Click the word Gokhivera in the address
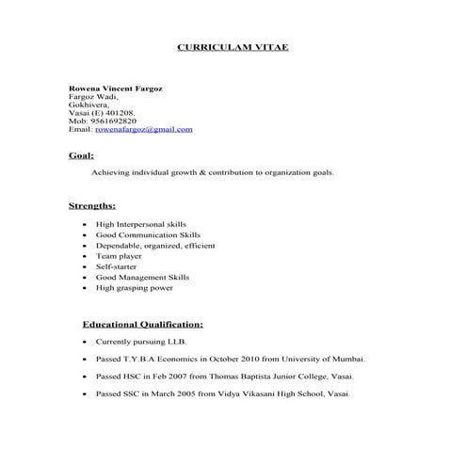tap(88, 104)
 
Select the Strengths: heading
tap(92, 204)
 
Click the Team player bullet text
tap(119, 256)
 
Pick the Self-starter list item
tap(118, 266)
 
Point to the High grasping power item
tap(135, 288)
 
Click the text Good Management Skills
tap(142, 278)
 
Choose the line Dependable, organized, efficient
tap(155, 245)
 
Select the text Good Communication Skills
tap(148, 234)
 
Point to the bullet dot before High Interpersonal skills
tap(86, 225)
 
